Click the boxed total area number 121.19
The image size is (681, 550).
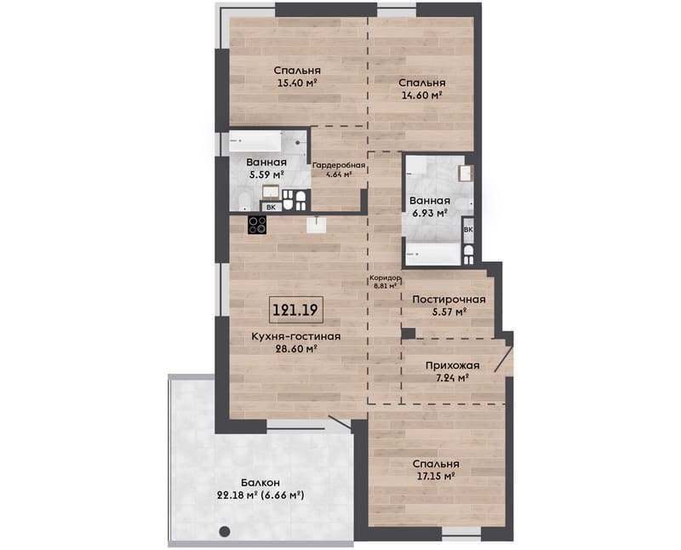295,310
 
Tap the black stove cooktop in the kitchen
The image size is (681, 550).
257,226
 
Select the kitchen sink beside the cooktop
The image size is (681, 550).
317,225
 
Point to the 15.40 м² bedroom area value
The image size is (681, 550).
296,83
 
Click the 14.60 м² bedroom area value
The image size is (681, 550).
421,95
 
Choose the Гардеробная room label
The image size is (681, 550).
339,165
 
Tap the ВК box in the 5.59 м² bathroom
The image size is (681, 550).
271,207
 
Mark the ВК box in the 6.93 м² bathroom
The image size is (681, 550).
468,229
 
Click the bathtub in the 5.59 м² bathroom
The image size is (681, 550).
255,141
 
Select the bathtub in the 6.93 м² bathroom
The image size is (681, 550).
433,253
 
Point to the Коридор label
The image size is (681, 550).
385,278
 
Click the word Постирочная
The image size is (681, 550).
449,300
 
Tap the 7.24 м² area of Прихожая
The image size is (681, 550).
452,377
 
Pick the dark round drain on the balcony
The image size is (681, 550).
225,531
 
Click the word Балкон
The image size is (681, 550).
260,483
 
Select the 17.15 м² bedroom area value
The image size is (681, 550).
436,476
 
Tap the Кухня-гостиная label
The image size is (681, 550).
296,336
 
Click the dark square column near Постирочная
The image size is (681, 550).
409,333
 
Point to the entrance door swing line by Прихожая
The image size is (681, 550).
503,358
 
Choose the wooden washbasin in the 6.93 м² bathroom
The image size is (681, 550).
466,173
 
